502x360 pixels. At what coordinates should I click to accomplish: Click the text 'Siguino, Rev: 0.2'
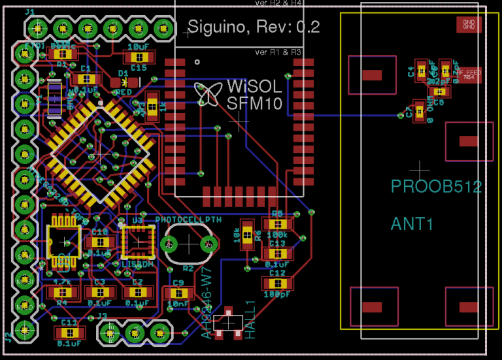[254, 27]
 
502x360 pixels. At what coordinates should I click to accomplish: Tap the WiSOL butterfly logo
[208, 94]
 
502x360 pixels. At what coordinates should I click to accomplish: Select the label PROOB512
[436, 187]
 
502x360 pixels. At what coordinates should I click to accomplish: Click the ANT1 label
[412, 224]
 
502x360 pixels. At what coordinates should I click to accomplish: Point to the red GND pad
[469, 25]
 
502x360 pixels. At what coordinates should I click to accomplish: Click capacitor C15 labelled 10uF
[139, 57]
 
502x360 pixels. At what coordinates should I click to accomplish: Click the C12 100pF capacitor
[278, 284]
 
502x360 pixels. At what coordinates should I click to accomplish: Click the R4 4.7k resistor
[62, 292]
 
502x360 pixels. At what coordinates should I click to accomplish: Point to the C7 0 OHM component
[420, 110]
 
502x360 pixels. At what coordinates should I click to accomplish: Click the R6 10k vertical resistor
[247, 234]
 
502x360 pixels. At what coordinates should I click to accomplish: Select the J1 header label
[30, 12]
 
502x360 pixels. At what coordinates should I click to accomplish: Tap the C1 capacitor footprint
[85, 78]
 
